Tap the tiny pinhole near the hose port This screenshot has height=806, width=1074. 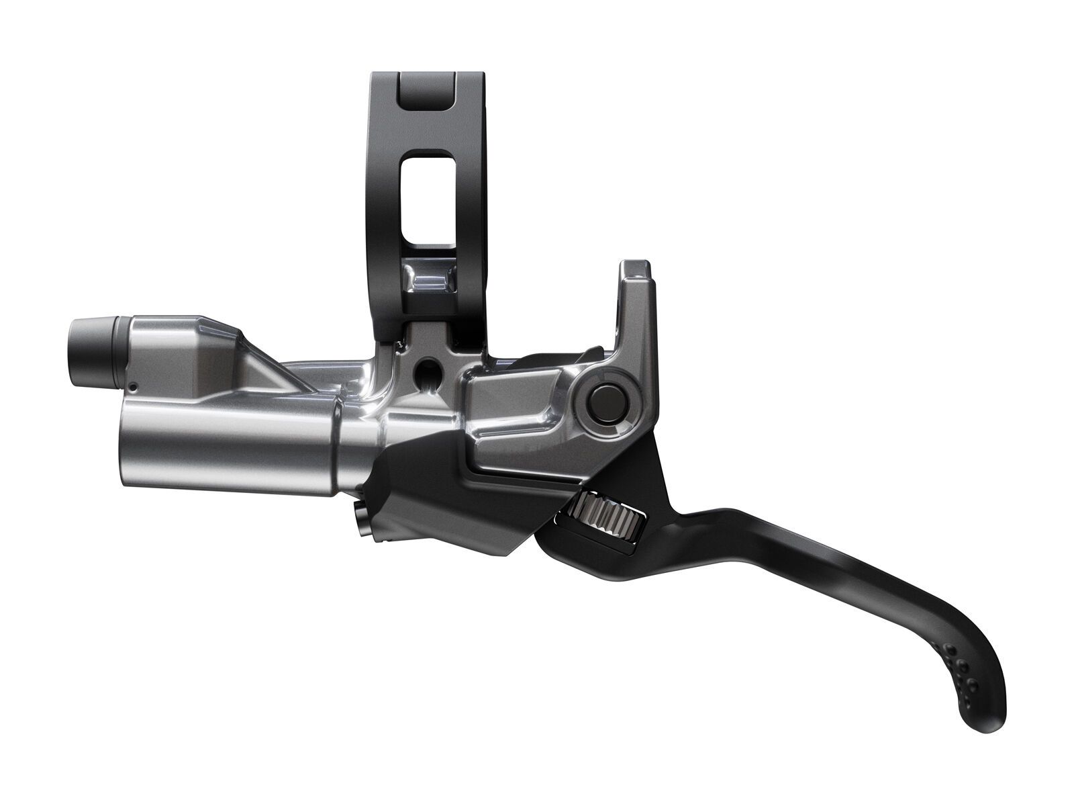coord(134,386)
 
